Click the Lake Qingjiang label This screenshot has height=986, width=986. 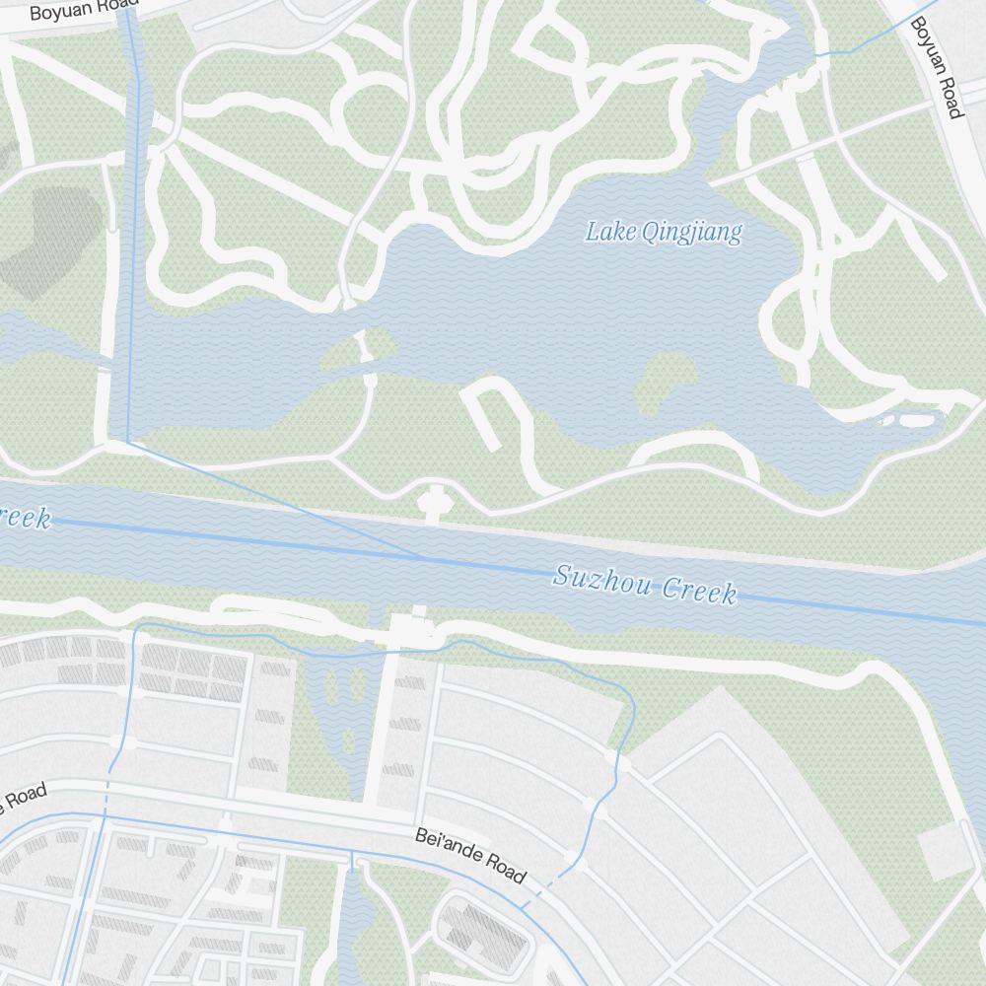click(663, 233)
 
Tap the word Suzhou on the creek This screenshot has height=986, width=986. click(602, 579)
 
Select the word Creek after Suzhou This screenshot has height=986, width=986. click(699, 589)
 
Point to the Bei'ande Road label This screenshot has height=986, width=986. click(470, 854)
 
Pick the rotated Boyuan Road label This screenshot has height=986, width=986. click(935, 67)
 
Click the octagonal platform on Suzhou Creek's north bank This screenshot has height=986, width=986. click(432, 501)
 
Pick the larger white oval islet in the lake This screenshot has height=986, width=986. click(917, 420)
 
